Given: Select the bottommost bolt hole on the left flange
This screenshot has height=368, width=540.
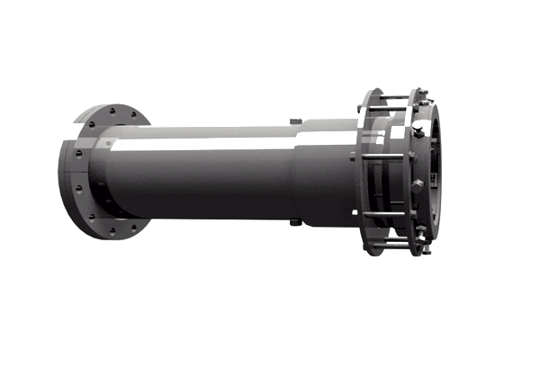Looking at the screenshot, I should [112, 231].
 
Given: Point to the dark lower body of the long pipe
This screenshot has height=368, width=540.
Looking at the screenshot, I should [198, 189].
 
